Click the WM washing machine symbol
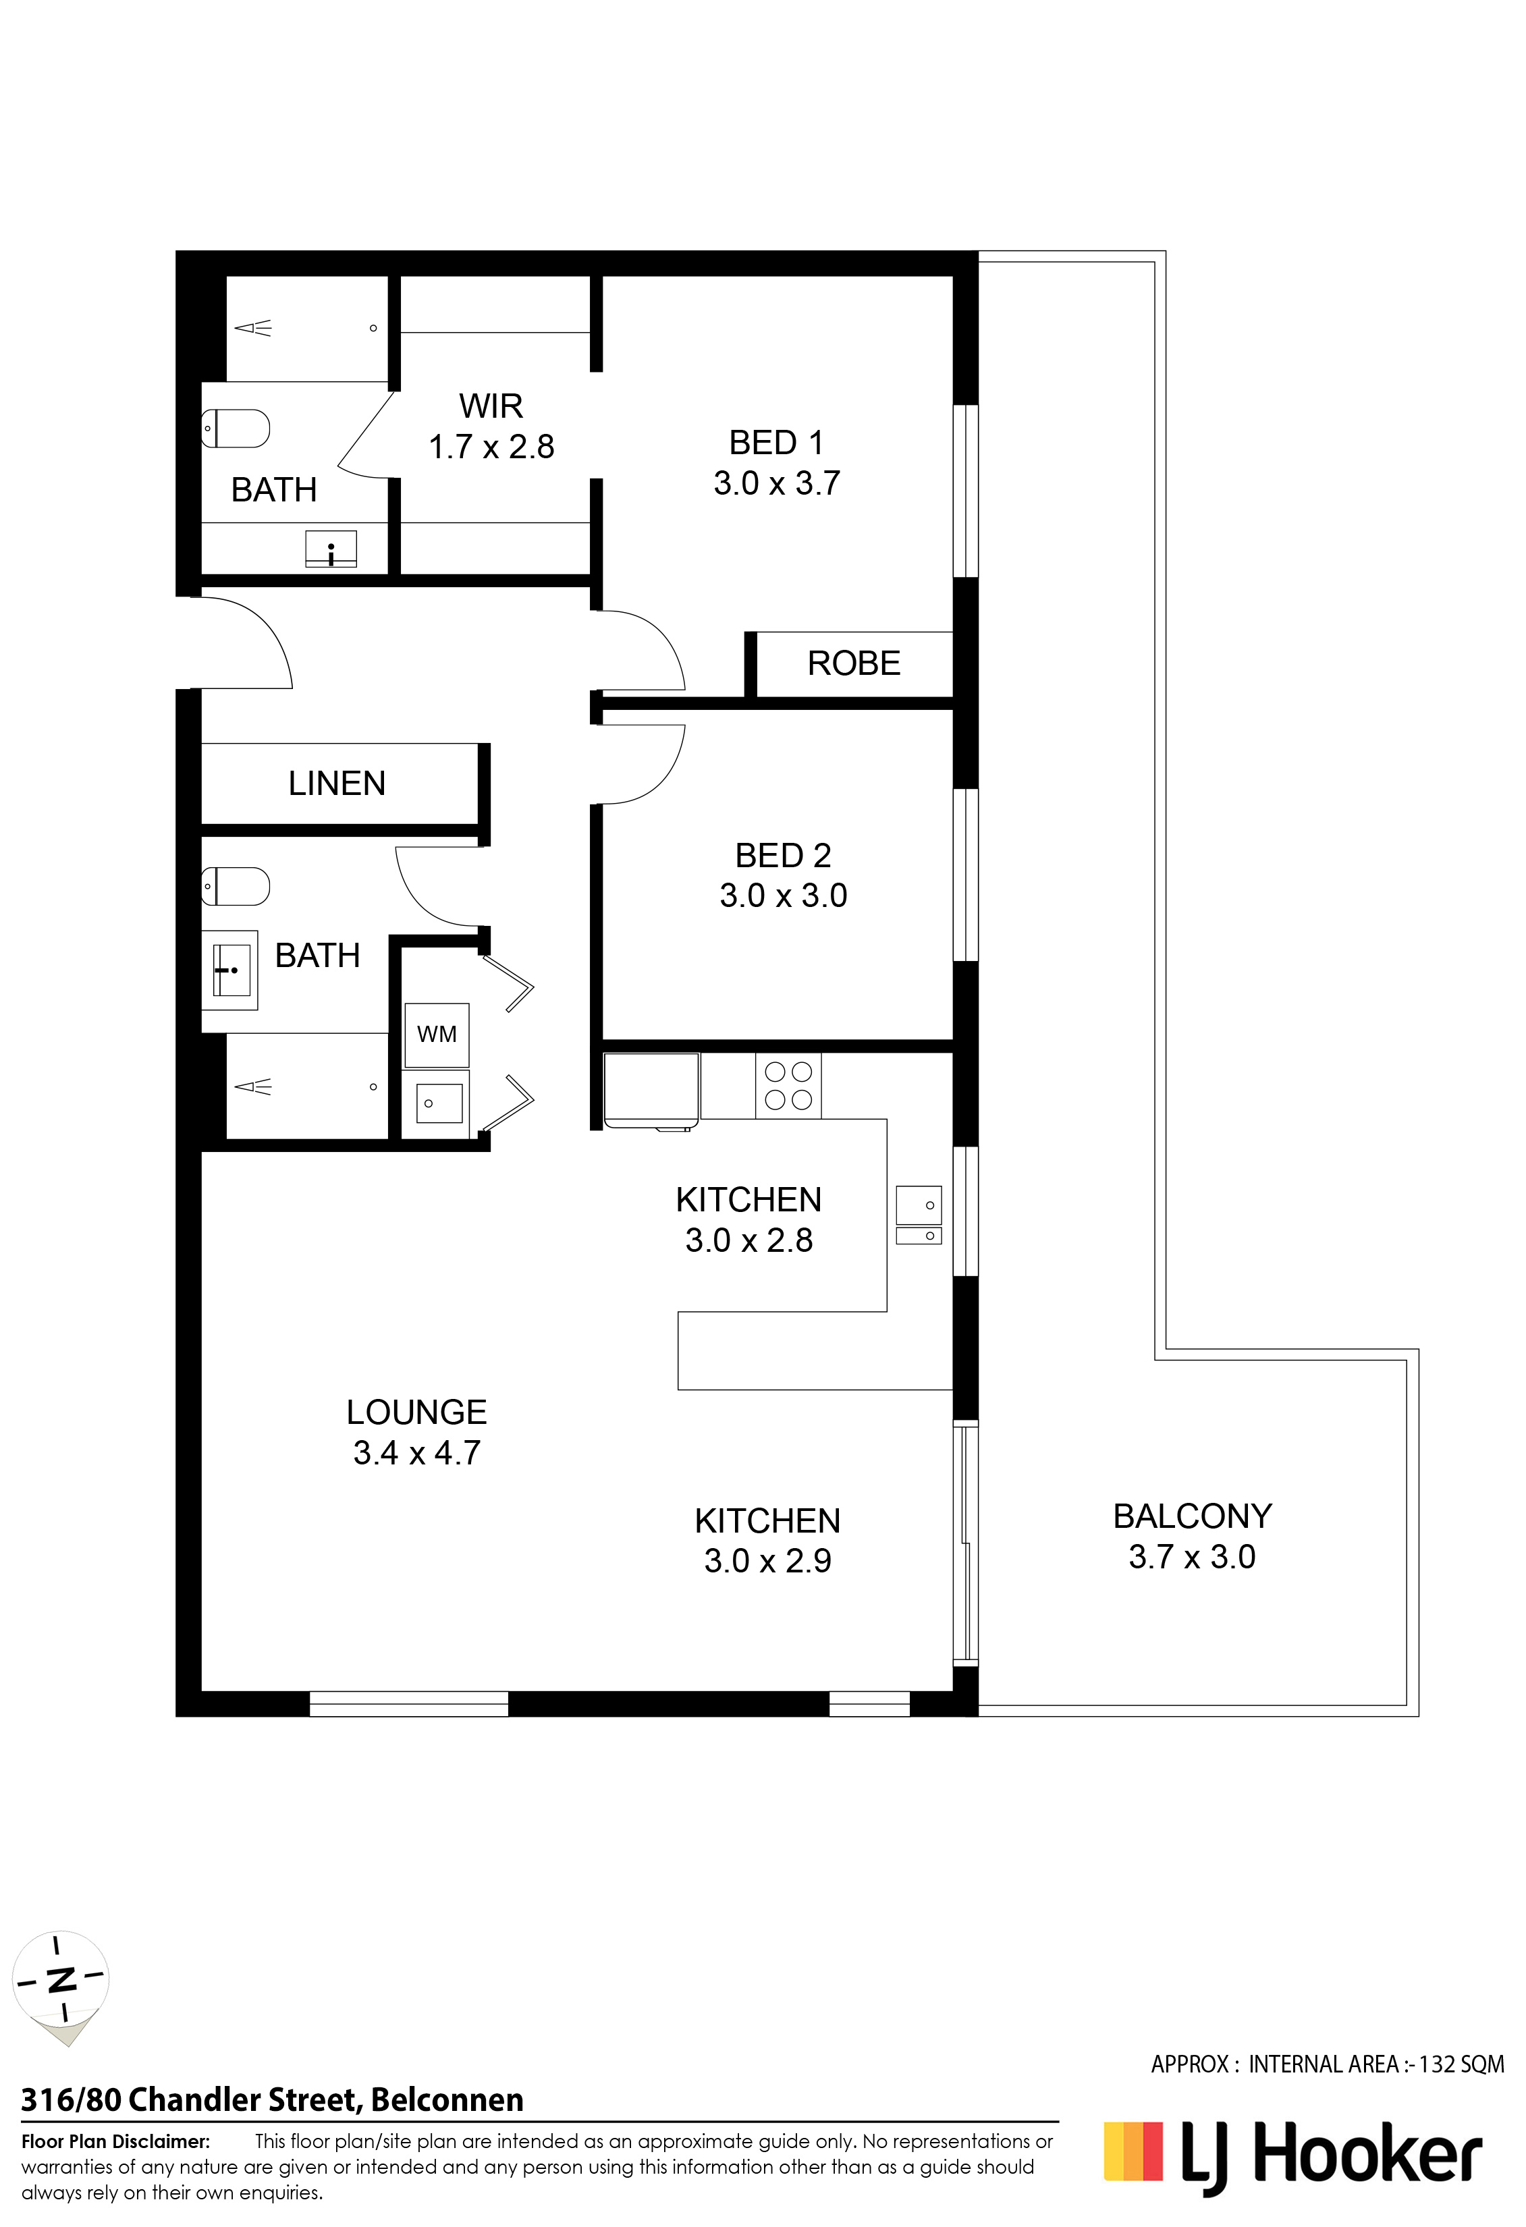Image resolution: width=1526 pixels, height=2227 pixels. [437, 1035]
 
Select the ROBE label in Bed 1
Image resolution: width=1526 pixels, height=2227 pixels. [853, 663]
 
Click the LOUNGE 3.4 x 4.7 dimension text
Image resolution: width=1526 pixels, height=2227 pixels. [417, 1453]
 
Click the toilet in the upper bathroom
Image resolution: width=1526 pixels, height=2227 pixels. [236, 429]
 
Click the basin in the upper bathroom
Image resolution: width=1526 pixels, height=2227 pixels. [330, 549]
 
